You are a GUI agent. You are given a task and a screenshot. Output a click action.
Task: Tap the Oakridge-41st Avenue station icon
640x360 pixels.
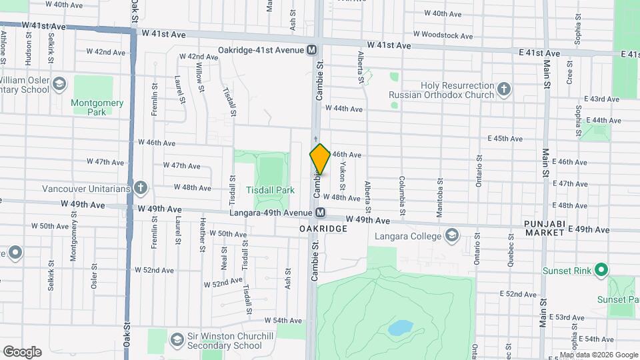(x=311, y=51)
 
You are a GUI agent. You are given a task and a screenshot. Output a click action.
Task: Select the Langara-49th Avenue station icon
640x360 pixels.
(x=321, y=213)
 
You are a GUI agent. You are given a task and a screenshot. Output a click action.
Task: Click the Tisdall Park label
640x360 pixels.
(x=270, y=190)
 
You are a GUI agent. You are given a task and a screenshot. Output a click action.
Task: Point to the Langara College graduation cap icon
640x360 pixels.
(x=453, y=236)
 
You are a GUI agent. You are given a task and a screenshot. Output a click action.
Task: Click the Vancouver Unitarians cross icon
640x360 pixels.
(x=140, y=188)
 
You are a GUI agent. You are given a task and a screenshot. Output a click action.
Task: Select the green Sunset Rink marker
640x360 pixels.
(x=601, y=270)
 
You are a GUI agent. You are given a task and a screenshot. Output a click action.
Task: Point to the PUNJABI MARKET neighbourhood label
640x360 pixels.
(x=544, y=227)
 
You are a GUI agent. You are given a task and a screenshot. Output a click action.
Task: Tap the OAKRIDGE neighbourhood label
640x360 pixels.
(x=323, y=229)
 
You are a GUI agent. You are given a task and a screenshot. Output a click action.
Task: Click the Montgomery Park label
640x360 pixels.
(x=97, y=107)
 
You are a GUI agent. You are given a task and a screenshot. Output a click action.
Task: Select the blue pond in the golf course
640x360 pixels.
(x=399, y=327)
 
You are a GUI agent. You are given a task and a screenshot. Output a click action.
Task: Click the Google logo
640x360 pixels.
(x=22, y=351)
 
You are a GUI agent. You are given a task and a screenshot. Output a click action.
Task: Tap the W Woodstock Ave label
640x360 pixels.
(x=443, y=35)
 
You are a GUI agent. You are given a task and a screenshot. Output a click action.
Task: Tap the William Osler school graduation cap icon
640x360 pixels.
(x=59, y=84)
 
